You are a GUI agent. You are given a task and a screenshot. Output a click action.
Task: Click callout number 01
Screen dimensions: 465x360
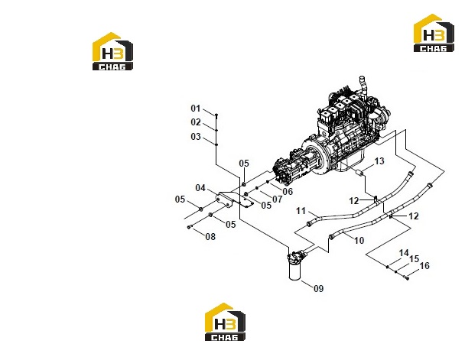pyautogui.click(x=196, y=109)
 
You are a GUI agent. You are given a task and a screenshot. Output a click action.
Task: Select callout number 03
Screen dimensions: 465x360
pyautogui.click(x=196, y=137)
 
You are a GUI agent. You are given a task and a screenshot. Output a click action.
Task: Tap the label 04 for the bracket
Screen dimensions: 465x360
pyautogui.click(x=200, y=188)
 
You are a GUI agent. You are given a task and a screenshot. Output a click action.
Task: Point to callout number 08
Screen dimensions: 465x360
pyautogui.click(x=210, y=237)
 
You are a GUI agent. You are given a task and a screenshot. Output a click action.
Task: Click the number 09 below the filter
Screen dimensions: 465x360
pyautogui.click(x=318, y=288)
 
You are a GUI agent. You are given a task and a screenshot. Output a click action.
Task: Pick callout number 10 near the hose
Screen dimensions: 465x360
pyautogui.click(x=359, y=240)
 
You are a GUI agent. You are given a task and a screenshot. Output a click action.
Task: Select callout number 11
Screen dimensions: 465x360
pyautogui.click(x=301, y=211)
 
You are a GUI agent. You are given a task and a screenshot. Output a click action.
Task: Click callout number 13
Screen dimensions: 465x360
pyautogui.click(x=379, y=161)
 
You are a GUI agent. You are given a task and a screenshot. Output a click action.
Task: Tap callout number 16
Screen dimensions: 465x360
pyautogui.click(x=424, y=266)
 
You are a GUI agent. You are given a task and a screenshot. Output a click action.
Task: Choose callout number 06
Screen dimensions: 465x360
pyautogui.click(x=288, y=191)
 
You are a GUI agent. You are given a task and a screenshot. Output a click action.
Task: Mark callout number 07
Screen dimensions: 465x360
pyautogui.click(x=278, y=199)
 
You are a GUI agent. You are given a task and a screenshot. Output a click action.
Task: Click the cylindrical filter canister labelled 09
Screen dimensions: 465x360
pyautogui.click(x=294, y=266)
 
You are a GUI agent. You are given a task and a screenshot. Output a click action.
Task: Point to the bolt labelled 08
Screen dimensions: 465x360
pyautogui.click(x=190, y=227)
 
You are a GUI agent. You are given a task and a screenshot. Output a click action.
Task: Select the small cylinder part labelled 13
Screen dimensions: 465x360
pyautogui.click(x=359, y=173)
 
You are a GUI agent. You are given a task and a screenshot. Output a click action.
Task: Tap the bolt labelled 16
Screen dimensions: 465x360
pyautogui.click(x=406, y=277)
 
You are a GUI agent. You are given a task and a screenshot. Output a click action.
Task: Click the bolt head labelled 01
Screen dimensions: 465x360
pyautogui.click(x=216, y=115)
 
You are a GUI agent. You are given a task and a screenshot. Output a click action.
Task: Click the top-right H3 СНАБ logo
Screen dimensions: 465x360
pyautogui.click(x=434, y=33)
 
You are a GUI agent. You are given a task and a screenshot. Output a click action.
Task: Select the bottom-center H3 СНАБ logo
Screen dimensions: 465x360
pyautogui.click(x=225, y=322)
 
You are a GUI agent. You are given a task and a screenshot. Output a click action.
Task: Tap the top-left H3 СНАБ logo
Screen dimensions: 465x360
pyautogui.click(x=112, y=51)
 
